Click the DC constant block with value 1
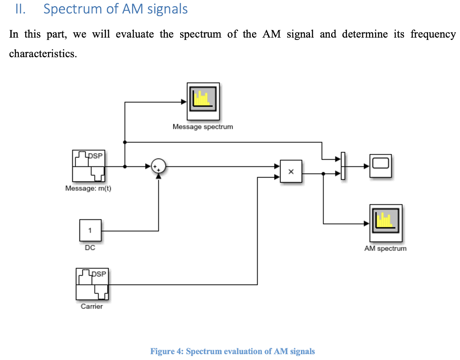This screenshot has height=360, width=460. click(90, 231)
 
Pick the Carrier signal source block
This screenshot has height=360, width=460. click(92, 284)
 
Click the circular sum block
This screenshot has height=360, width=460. click(158, 166)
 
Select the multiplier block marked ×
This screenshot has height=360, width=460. click(291, 171)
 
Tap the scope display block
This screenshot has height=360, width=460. click(380, 166)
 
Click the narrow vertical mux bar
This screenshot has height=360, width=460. click(342, 166)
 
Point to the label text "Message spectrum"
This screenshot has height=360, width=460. click(203, 127)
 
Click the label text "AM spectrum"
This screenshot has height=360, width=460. click(385, 248)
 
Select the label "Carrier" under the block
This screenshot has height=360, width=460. click(92, 307)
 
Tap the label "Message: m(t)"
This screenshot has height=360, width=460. click(88, 189)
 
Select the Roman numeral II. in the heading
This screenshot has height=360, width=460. click(21, 9)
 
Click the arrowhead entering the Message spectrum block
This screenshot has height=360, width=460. click(184, 102)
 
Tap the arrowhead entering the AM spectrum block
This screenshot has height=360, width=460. click(367, 223)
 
